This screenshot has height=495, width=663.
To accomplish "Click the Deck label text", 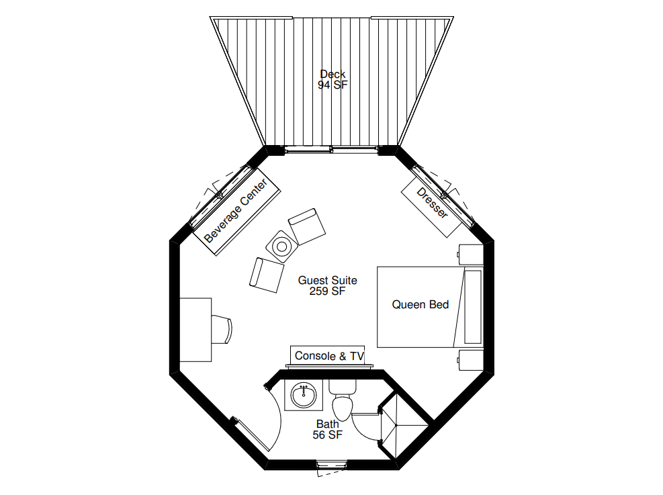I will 333,74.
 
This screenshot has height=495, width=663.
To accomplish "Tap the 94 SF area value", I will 333,85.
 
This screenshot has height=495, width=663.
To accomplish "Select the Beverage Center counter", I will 240,212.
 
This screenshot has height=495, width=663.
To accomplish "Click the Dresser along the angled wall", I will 433,202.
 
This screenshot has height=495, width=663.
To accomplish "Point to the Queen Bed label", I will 421,305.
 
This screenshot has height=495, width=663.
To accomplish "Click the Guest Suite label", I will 327,280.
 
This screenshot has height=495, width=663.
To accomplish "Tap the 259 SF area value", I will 327,291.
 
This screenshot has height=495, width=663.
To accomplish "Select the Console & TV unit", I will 329,356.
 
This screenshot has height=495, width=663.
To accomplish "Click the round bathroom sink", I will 304,395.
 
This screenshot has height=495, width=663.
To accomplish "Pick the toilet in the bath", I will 342,402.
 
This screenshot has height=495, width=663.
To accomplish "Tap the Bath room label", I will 328,424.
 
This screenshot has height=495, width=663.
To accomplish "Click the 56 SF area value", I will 328,435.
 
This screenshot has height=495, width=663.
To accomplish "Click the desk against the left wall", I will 195,330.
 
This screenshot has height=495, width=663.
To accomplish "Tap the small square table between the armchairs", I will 281,246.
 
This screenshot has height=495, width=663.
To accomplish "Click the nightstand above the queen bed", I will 471,255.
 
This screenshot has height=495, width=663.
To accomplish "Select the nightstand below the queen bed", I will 471,359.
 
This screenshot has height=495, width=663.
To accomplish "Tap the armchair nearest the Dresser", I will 307,226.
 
